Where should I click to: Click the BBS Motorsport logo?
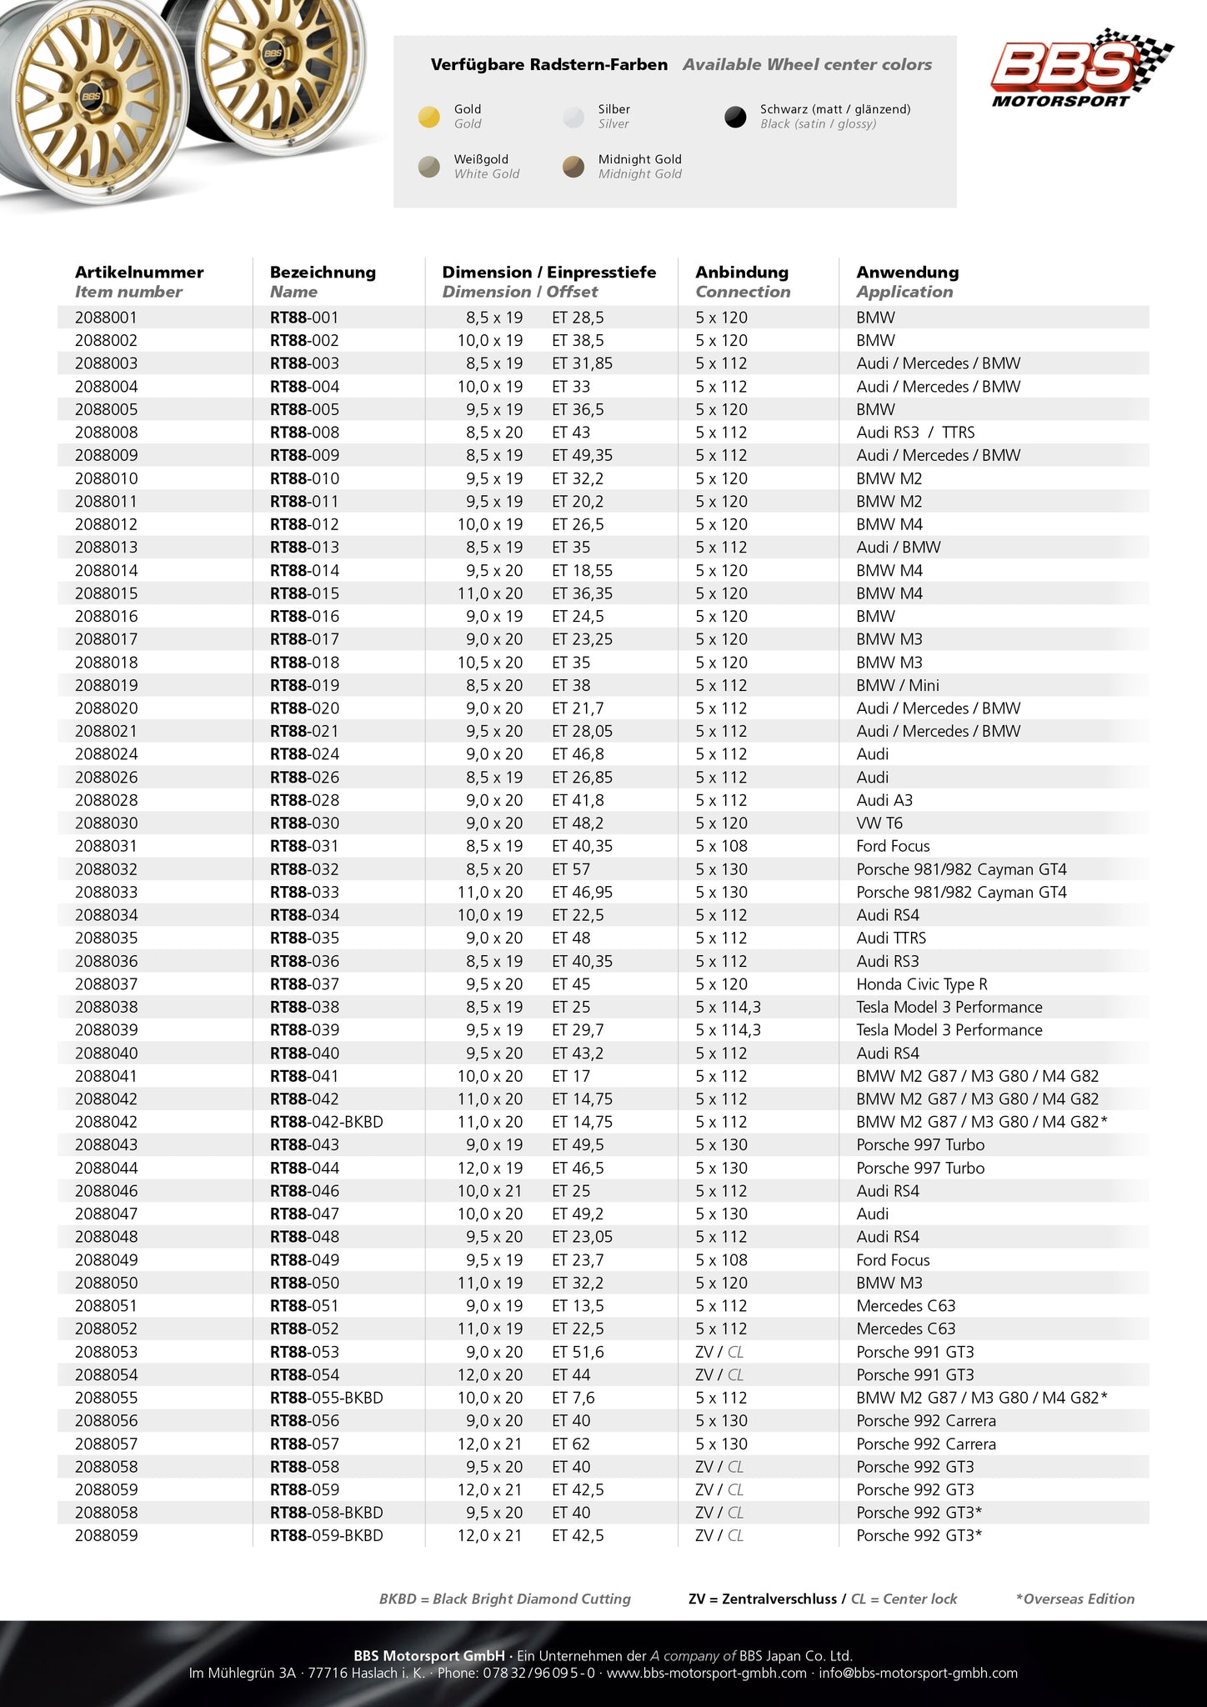(1080, 68)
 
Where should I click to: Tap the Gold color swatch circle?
(428, 117)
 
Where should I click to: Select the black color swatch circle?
(735, 117)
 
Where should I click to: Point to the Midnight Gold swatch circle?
(573, 167)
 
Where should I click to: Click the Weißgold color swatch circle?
(428, 167)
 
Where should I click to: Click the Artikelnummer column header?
(139, 273)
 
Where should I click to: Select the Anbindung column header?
(742, 273)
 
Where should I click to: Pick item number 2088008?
(107, 433)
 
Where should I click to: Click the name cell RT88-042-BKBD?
(327, 1122)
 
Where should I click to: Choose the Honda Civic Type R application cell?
(922, 984)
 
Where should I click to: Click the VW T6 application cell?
(879, 823)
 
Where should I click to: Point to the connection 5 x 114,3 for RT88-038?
(728, 1007)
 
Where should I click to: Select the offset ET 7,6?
(573, 1398)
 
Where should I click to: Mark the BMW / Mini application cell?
(898, 685)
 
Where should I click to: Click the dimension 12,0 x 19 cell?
(490, 1168)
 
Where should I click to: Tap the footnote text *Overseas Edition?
(1075, 1599)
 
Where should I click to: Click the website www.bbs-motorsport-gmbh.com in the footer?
(707, 1674)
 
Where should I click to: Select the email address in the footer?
(919, 1674)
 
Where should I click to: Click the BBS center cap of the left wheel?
(91, 96)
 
